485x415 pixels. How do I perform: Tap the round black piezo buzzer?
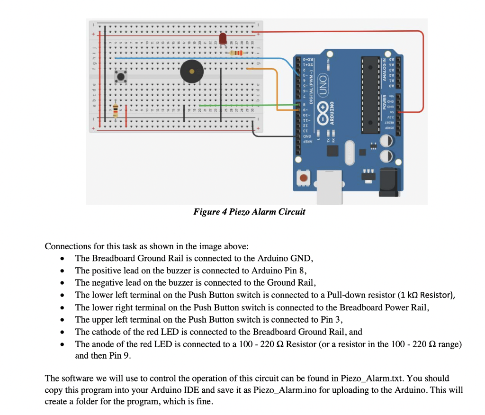pyautogui.click(x=191, y=72)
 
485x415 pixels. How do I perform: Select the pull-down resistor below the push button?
pyautogui.click(x=115, y=110)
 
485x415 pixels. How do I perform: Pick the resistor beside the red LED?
pyautogui.click(x=235, y=54)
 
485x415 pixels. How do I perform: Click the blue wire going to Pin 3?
pyautogui.click(x=199, y=58)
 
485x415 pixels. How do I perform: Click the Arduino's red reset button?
pyautogui.click(x=302, y=179)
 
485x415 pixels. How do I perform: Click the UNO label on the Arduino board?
pyautogui.click(x=324, y=81)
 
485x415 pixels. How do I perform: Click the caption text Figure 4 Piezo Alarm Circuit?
pyautogui.click(x=249, y=212)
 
